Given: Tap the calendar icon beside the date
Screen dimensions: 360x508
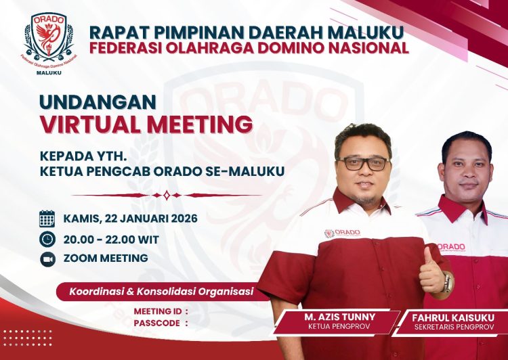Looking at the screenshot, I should [x=47, y=218].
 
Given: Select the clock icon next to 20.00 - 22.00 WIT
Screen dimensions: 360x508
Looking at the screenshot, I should [x=47, y=238].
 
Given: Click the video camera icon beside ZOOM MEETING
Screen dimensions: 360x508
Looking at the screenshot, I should [x=47, y=258].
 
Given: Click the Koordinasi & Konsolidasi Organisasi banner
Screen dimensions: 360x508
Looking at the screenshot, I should [x=161, y=292].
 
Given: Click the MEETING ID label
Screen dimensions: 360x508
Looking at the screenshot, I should [x=157, y=311].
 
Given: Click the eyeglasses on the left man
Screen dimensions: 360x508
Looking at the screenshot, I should [x=363, y=163].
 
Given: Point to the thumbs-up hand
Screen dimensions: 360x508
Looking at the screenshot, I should [x=431, y=271].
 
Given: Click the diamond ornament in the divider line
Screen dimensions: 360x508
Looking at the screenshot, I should [x=166, y=195].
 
